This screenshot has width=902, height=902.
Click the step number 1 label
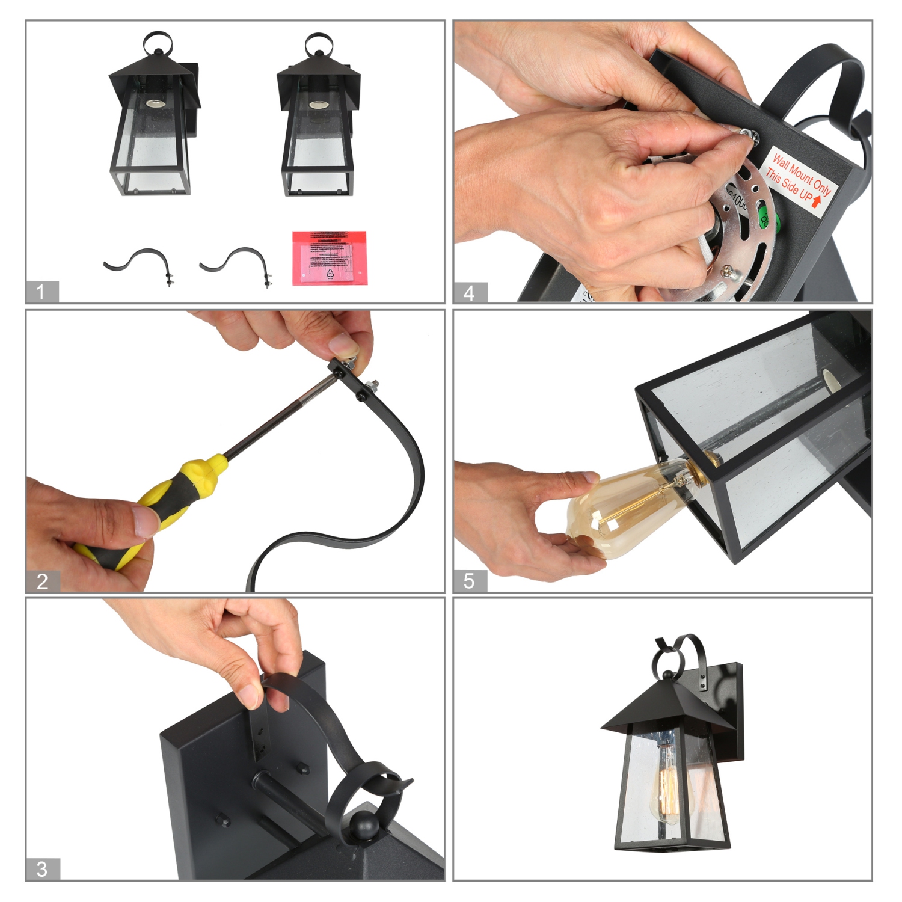point(41,292)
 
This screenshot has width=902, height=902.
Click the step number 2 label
point(42,581)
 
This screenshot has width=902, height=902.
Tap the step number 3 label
point(42,869)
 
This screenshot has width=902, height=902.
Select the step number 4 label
point(470,293)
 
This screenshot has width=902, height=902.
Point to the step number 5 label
point(470,581)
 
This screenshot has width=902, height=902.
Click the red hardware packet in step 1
point(329,258)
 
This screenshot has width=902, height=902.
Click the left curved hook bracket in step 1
point(140,263)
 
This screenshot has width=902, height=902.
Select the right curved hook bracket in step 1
point(236,263)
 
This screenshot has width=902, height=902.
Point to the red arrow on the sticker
point(817,201)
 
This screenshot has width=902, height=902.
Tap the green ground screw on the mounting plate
point(767,219)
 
